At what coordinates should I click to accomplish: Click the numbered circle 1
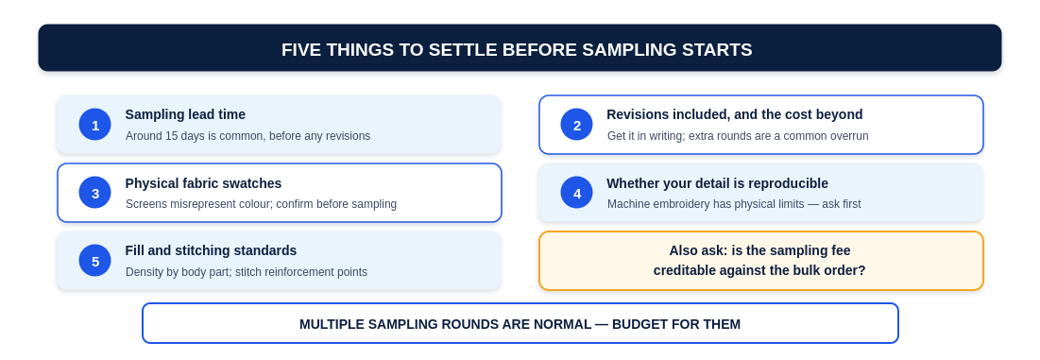[x=94, y=125]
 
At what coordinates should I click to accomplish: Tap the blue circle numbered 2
[x=576, y=125]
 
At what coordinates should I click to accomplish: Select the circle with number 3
[x=94, y=192]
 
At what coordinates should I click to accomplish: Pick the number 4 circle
[x=576, y=192]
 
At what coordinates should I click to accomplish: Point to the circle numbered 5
[x=94, y=261]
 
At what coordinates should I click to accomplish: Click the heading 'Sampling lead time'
[x=185, y=114]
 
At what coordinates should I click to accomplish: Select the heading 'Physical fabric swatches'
[x=203, y=183]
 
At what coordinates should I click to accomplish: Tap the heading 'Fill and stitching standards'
[x=211, y=250]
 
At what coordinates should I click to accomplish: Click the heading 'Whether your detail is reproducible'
[x=717, y=183]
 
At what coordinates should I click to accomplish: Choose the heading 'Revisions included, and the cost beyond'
[x=734, y=114]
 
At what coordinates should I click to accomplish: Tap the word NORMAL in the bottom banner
[x=565, y=324]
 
